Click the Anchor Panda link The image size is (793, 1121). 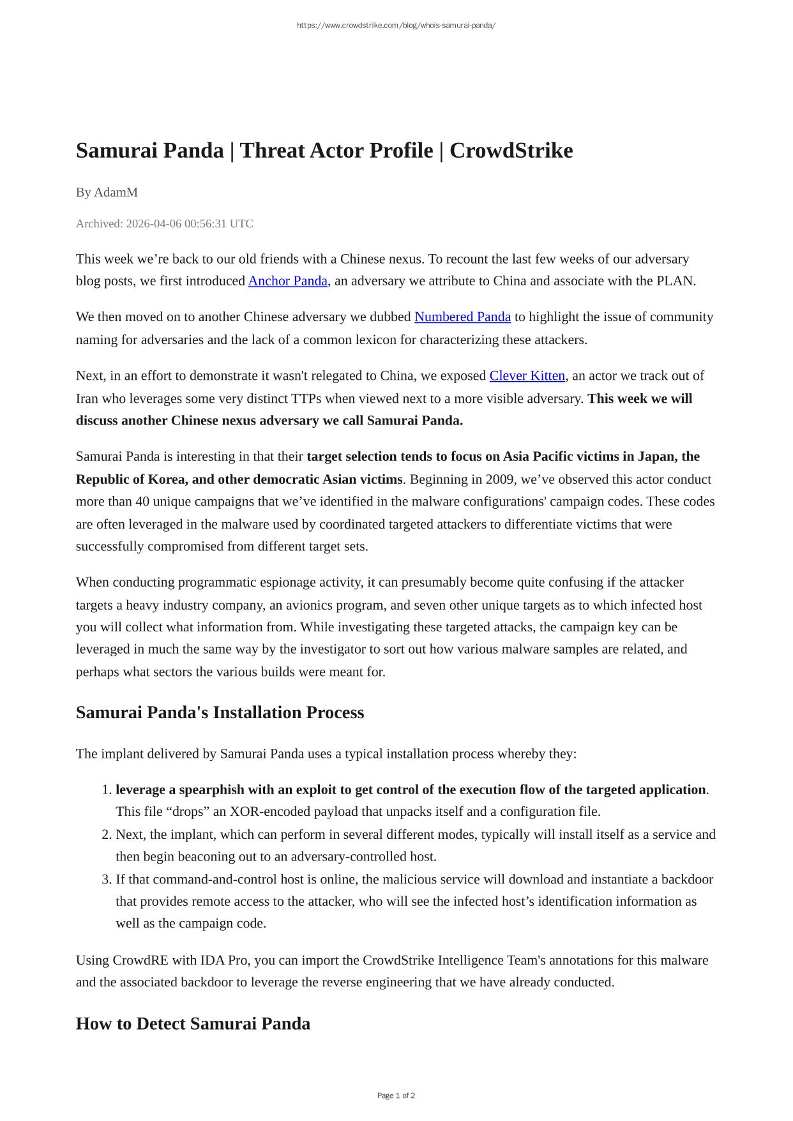point(287,281)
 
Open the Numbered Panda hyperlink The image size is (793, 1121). point(462,317)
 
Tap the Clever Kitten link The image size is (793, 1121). point(527,375)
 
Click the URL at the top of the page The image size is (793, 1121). point(396,26)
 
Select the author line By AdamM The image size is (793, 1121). point(107,192)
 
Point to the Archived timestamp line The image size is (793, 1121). point(164,223)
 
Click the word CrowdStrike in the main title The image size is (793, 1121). point(511,151)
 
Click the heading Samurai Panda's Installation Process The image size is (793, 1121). point(220,712)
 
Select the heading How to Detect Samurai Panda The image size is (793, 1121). point(193,1023)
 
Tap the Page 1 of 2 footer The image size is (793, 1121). point(396,1095)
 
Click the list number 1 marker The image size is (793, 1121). point(107,790)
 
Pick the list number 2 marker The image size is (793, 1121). point(107,834)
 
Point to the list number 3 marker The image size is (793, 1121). point(107,879)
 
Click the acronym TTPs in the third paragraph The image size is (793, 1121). point(306,398)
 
